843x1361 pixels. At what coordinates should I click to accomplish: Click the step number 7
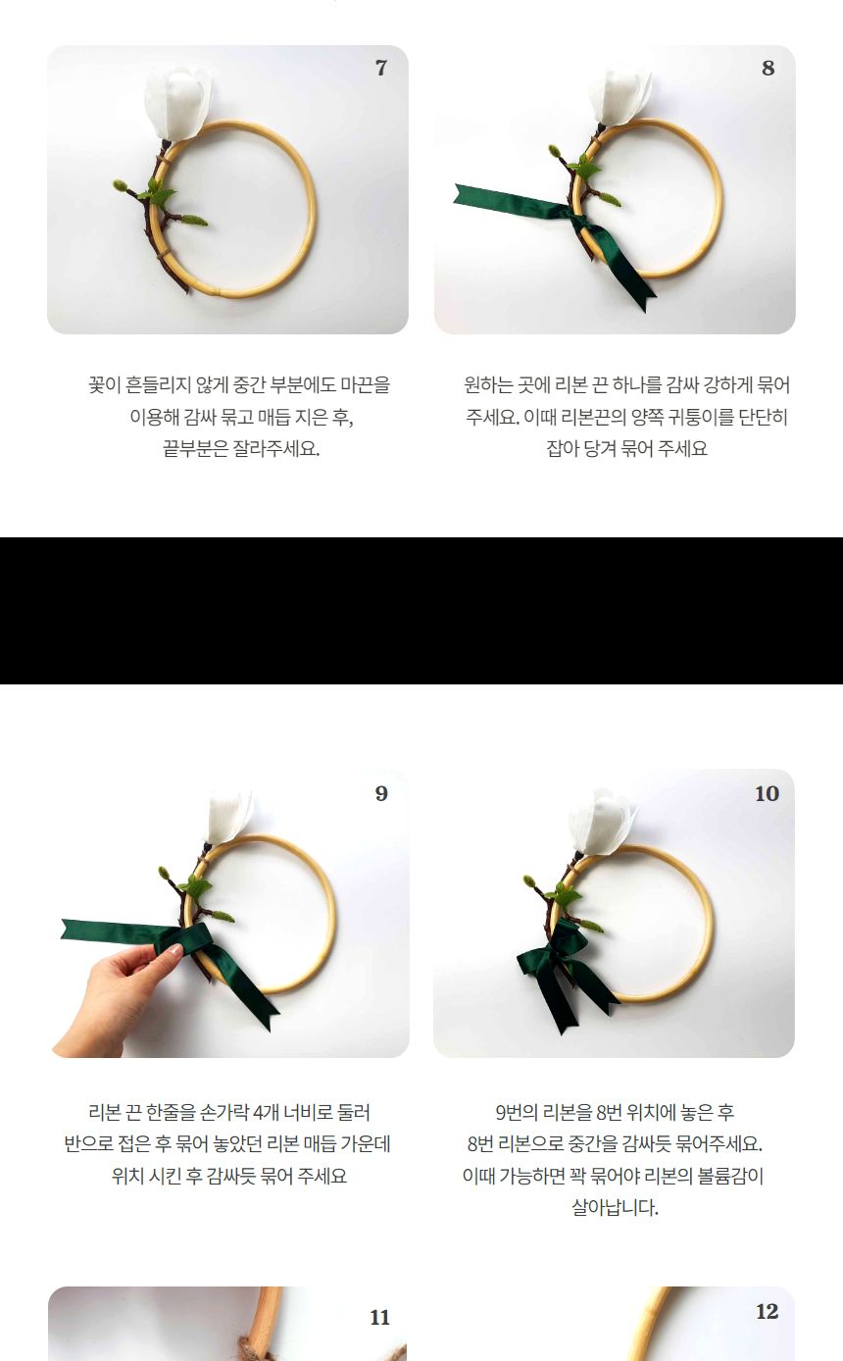tap(381, 69)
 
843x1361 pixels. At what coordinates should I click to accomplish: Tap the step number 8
tap(768, 69)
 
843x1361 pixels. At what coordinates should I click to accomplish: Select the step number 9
tap(381, 794)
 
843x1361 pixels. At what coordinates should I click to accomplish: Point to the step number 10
tap(767, 794)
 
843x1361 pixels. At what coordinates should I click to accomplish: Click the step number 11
tap(380, 1318)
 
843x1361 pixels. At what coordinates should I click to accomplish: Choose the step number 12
tap(767, 1312)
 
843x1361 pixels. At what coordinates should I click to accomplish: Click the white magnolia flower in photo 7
tap(177, 101)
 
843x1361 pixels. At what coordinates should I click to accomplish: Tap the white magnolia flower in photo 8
tap(619, 96)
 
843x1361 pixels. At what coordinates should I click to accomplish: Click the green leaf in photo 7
tap(158, 193)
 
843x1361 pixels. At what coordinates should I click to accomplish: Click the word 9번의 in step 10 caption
tap(516, 1113)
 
